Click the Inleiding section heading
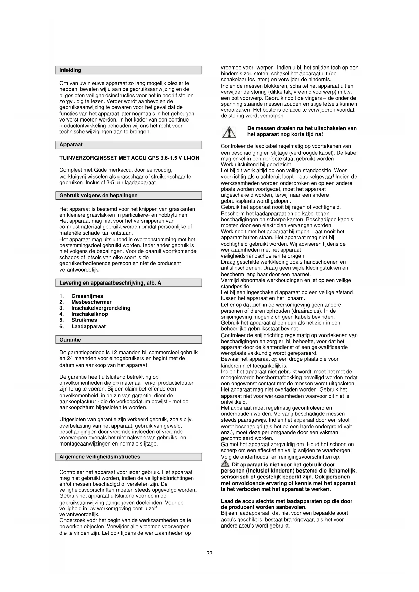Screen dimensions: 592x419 [70, 70]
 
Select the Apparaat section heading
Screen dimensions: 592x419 [71, 145]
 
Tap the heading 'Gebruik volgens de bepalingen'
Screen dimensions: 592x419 [98, 196]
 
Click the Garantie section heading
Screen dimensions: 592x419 [70, 340]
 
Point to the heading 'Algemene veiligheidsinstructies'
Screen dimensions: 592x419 [100, 457]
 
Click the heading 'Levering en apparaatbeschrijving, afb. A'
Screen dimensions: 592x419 [110, 283]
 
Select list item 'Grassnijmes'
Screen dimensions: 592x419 [87, 296]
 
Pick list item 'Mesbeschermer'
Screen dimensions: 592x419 [91, 302]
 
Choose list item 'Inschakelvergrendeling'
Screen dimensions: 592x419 [101, 308]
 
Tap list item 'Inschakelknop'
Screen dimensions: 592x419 [89, 314]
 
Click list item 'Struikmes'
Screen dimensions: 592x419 [84, 320]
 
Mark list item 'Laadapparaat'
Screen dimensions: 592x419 [88, 327]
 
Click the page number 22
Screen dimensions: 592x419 [209, 554]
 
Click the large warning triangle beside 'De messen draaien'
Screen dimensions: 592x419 [229, 132]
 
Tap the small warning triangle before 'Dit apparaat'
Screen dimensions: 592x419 [225, 464]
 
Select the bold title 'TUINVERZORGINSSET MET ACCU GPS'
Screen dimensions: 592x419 [129, 158]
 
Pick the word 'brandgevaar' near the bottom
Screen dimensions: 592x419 [286, 520]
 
